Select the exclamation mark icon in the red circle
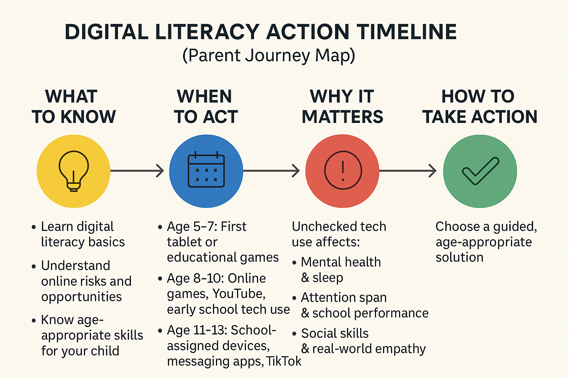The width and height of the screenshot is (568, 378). point(343,170)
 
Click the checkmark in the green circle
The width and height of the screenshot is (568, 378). point(480,171)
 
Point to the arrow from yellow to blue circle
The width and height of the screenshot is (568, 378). point(137,171)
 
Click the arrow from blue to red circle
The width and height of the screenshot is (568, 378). point(271,171)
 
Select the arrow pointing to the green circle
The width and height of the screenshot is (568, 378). point(408,171)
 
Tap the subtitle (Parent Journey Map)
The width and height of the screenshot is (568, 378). point(268,55)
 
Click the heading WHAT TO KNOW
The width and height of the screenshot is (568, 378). point(74,106)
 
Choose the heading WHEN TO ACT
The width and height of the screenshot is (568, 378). point(206,106)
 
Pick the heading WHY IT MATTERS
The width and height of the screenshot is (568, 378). point(342,106)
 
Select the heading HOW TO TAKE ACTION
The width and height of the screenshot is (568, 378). point(480,106)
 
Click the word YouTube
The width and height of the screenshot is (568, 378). point(239,294)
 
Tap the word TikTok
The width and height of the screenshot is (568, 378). point(284,361)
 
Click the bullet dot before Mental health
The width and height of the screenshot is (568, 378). point(294,262)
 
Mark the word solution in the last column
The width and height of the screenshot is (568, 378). point(460,257)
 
